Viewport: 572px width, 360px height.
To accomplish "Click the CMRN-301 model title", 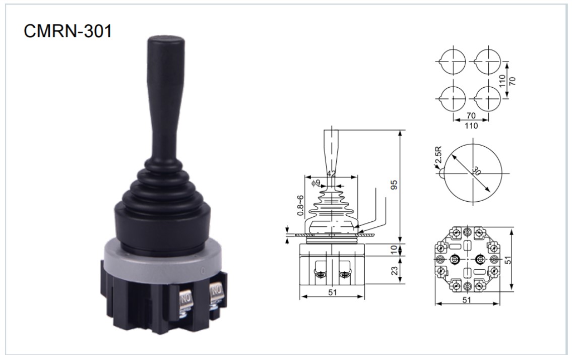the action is [68, 31].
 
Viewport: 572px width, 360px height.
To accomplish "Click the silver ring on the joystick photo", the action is [163, 260].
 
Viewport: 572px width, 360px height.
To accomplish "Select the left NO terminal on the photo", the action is [185, 301].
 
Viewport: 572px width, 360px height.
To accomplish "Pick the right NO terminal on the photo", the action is [216, 292].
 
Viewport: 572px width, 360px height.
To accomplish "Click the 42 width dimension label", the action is [331, 174].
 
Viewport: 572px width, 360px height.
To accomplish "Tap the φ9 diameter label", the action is [315, 183].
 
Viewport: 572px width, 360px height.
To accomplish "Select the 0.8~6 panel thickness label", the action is [300, 205].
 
